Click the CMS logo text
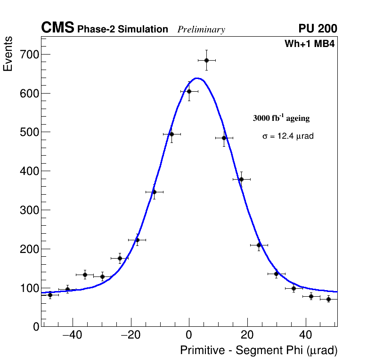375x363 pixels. [x=57, y=28]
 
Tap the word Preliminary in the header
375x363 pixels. [x=201, y=30]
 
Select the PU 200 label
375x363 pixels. [x=318, y=29]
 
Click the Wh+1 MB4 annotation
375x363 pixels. [x=309, y=44]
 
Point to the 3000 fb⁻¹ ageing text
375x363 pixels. [x=281, y=118]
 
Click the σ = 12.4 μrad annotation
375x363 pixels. [x=288, y=136]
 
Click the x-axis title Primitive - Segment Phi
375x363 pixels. [x=259, y=350]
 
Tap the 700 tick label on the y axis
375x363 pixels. [x=29, y=55]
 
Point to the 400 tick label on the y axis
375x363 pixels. [x=29, y=171]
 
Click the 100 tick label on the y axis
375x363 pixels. [x=29, y=288]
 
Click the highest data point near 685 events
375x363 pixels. [x=206, y=60]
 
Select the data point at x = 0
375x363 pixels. [x=189, y=91]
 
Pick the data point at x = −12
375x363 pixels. [x=154, y=192]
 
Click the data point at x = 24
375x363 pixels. [x=259, y=245]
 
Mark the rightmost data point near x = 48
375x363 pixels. [x=328, y=299]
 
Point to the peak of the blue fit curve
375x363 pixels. [x=197, y=78]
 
